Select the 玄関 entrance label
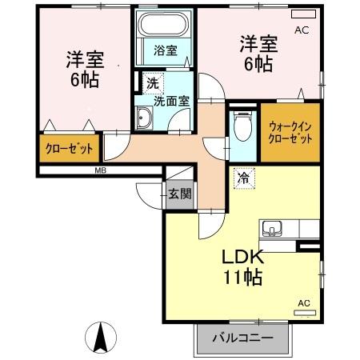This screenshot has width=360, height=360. pos(179,193)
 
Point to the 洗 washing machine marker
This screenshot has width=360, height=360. pos(152,82)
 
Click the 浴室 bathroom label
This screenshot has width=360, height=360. pos(166,50)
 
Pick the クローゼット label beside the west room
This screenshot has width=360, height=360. pos(68,148)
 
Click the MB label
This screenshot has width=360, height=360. pos(102,170)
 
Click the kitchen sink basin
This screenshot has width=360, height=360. pos(271,230)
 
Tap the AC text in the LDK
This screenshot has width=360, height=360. pos(304,302)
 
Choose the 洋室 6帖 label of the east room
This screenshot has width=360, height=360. pos(256,54)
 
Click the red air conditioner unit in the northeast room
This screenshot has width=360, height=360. pos(302,14)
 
